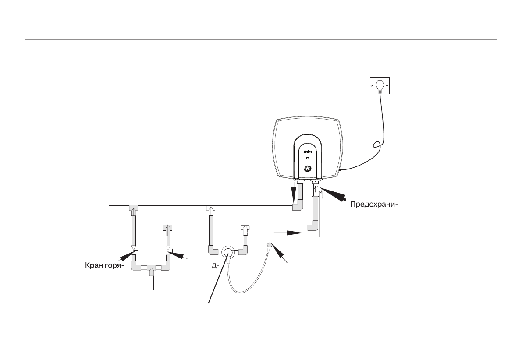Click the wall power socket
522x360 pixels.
coord(380,86)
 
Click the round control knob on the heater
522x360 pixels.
coord(308,169)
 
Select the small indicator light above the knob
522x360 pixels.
coord(307,159)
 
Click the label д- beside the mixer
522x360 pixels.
coord(215,265)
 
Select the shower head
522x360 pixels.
coord(270,245)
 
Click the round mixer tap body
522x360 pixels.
coord(228,252)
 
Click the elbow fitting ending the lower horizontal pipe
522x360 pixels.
coord(313,226)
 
